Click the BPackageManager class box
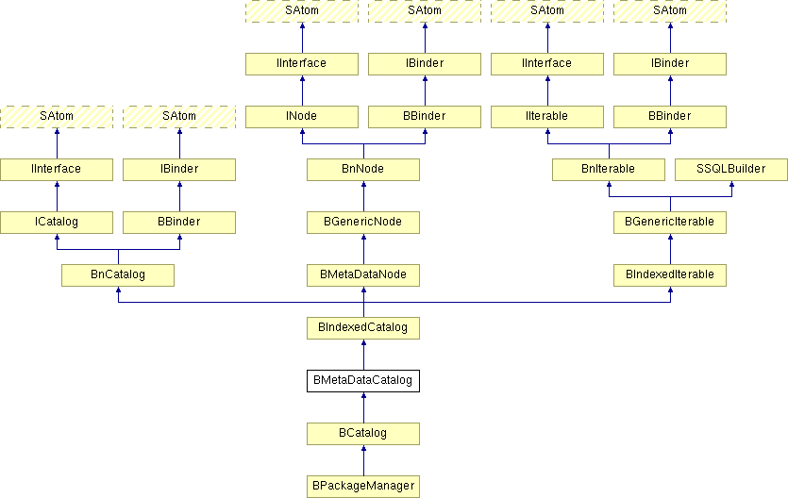363,487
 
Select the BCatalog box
363,434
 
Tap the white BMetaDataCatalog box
363,380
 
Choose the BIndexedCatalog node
363,328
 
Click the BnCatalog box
118,275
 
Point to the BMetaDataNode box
363,275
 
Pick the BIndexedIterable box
670,275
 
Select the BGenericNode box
363,223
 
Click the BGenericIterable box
670,223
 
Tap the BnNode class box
363,170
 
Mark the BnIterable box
609,170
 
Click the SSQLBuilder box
731,170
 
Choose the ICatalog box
57,223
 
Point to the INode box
302,117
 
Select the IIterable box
547,117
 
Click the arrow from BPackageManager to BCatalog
364,460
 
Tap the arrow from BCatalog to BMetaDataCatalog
364,407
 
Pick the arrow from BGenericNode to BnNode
364,196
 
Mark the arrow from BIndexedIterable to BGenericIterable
670,249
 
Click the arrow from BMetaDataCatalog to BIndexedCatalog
364,355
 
